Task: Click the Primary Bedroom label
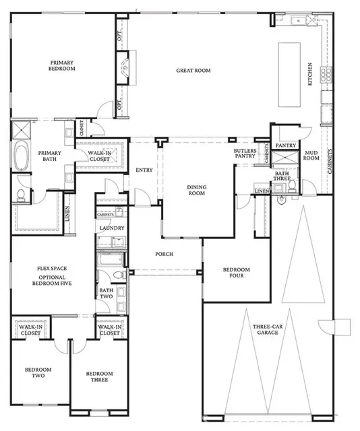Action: (x=61, y=65)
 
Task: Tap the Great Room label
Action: (x=193, y=70)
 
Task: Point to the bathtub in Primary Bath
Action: (x=20, y=157)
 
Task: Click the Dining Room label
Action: (x=196, y=190)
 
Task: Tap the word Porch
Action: (x=164, y=254)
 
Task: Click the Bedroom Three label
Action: (x=99, y=377)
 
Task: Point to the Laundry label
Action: (x=111, y=228)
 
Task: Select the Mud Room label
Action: (x=311, y=156)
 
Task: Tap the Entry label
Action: (x=144, y=170)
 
